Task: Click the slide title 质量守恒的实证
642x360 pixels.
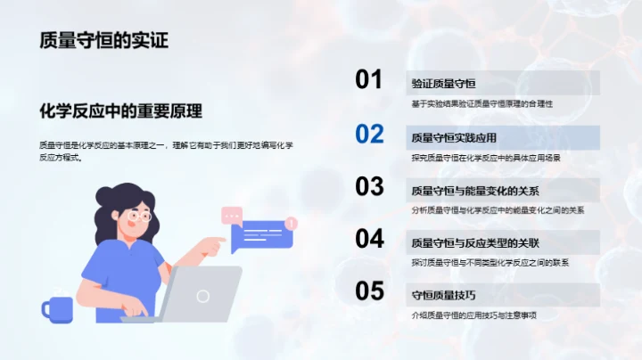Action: [x=103, y=40]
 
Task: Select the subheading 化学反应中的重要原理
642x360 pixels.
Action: [x=121, y=111]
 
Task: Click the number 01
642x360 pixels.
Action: [x=369, y=80]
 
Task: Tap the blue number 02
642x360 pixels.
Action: [x=369, y=135]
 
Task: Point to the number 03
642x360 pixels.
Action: [x=369, y=186]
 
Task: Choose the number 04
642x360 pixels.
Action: [x=369, y=239]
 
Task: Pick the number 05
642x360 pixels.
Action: [x=369, y=291]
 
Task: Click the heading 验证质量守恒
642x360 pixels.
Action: [x=443, y=84]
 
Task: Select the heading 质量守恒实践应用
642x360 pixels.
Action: [x=454, y=138]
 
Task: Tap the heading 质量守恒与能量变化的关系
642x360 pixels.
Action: [x=475, y=191]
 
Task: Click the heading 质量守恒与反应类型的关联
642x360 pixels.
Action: [x=475, y=243]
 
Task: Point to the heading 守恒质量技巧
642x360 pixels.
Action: [x=443, y=295]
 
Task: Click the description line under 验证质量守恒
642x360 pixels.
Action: [x=482, y=104]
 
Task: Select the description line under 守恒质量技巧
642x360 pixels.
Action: [x=473, y=315]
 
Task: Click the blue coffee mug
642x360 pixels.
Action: [x=58, y=308]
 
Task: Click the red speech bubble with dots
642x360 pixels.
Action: [x=233, y=215]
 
